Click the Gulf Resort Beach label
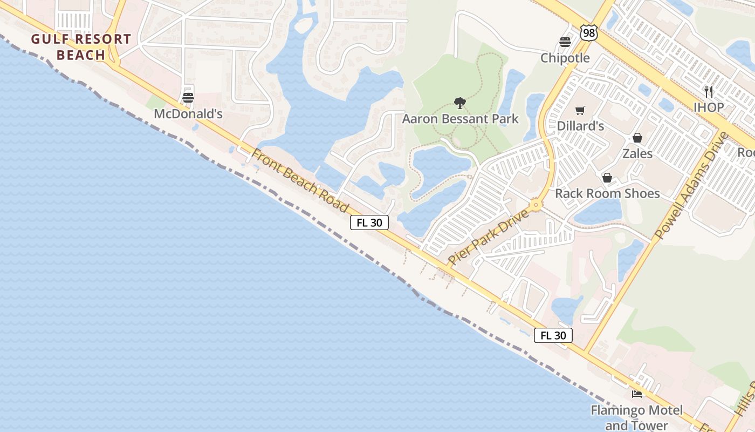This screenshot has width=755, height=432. point(81,47)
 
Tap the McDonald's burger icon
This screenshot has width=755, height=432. point(188,98)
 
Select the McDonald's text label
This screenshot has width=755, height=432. point(188,114)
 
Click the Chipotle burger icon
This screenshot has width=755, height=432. point(565,42)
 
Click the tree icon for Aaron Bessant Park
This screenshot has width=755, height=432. point(460,103)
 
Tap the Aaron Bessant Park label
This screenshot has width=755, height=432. point(460,119)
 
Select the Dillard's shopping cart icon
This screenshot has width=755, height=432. point(580,110)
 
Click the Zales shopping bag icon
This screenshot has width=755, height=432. point(637,138)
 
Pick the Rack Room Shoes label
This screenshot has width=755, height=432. point(607,193)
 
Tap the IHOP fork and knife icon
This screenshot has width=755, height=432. point(709,91)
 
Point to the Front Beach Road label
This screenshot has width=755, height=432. point(300,181)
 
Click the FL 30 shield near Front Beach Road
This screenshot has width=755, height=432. point(369,222)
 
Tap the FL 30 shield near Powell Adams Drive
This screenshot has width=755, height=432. point(553,335)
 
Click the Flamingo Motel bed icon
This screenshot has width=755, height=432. point(637,394)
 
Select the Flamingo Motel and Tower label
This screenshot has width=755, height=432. point(636,417)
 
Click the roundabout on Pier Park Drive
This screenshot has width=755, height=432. point(536,205)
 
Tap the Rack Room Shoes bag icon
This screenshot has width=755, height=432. point(607,178)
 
